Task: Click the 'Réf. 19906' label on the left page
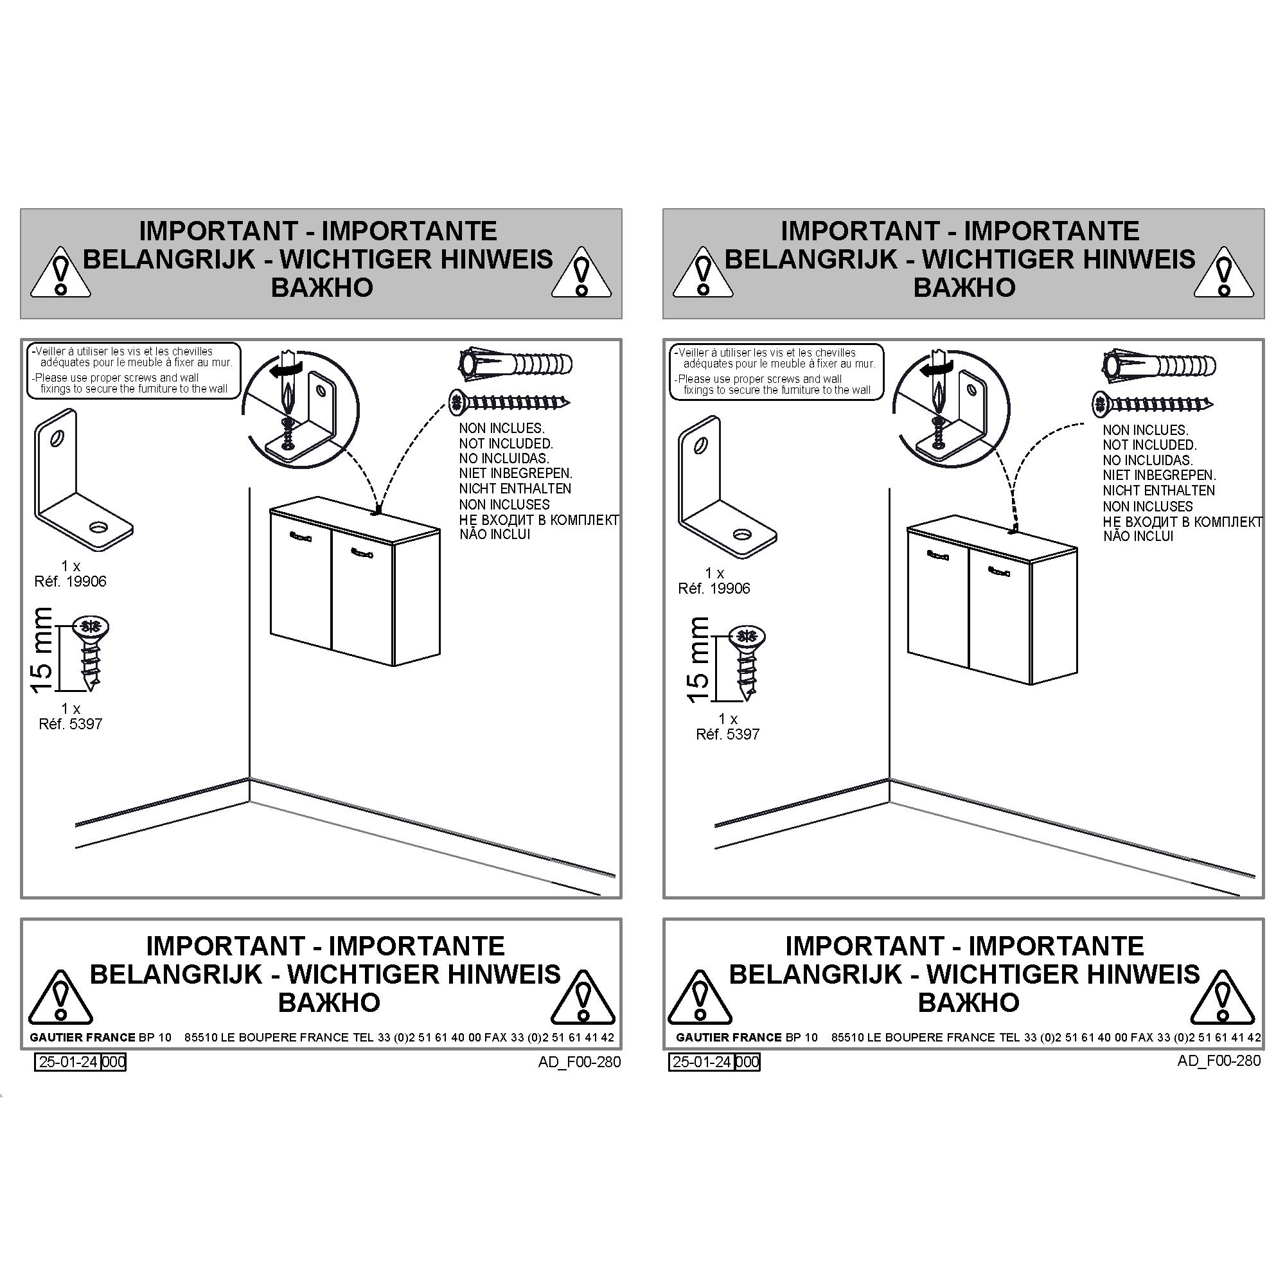[71, 581]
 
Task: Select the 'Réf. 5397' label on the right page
[728, 734]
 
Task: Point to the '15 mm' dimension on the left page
[41, 650]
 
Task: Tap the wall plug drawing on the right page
[1159, 365]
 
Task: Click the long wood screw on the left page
[510, 402]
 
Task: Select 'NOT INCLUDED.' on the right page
[1149, 445]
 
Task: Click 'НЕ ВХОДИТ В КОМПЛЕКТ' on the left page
[539, 519]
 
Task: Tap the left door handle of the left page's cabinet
[300, 536]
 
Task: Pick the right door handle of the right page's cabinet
[999, 570]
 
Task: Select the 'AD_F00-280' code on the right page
[1219, 1060]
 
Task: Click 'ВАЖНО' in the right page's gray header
[964, 287]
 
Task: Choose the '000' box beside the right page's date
[748, 1061]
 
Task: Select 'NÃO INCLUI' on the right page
[1138, 536]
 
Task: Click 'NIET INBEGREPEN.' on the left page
[515, 474]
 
